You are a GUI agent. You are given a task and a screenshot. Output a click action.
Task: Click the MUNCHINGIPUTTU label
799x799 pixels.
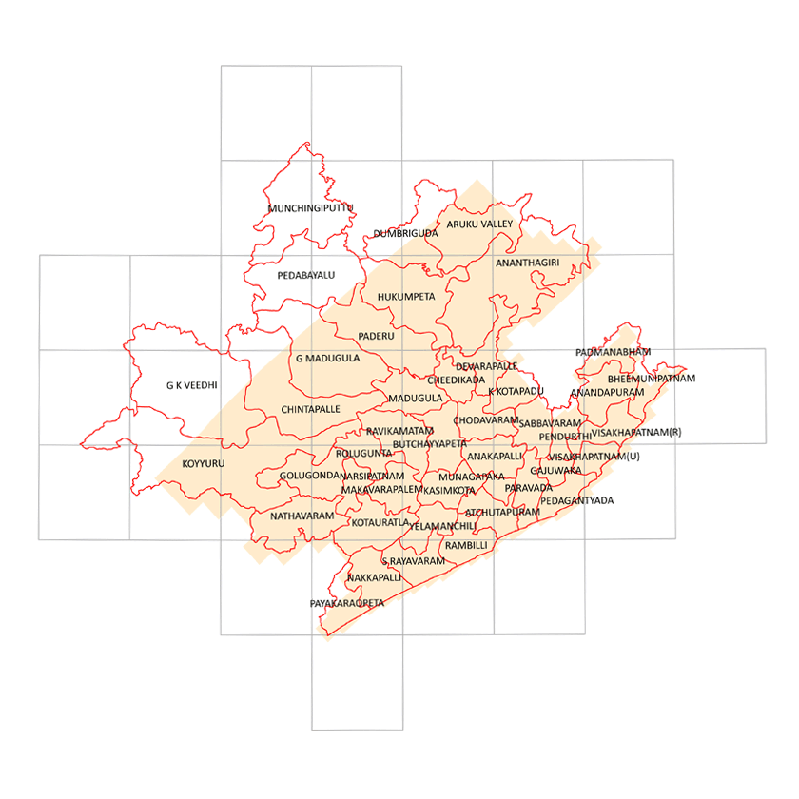click(310, 207)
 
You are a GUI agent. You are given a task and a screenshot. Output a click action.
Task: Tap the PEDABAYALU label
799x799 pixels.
click(306, 275)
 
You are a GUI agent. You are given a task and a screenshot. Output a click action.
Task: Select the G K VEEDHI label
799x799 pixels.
click(191, 385)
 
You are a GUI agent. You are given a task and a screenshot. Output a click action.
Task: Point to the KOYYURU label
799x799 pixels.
click(203, 464)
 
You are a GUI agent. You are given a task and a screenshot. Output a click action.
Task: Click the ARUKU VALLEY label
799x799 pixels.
click(480, 224)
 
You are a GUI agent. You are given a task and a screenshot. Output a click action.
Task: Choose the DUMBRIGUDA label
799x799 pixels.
click(405, 232)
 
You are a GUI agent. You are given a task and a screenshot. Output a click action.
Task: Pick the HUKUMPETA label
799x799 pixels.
click(406, 296)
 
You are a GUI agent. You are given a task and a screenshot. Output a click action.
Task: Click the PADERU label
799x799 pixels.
click(376, 336)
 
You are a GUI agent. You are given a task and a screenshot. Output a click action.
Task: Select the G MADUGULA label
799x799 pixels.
click(327, 359)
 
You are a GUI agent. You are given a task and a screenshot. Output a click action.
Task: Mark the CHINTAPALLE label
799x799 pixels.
click(311, 408)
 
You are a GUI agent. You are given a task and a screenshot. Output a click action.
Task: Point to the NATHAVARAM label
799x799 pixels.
click(302, 516)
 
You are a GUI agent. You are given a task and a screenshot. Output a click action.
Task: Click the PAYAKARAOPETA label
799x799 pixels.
click(347, 603)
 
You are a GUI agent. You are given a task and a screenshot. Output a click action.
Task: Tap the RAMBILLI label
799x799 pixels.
click(466, 545)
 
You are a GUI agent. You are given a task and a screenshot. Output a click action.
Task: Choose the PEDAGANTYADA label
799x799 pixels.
click(577, 499)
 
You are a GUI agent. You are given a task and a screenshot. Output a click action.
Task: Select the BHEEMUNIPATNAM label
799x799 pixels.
click(652, 379)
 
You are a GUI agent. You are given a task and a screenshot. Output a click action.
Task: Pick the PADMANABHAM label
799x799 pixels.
click(614, 352)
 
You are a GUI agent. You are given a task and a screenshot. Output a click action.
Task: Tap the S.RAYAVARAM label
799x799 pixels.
click(414, 561)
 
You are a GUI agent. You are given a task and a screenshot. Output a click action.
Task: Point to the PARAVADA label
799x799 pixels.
click(528, 487)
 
